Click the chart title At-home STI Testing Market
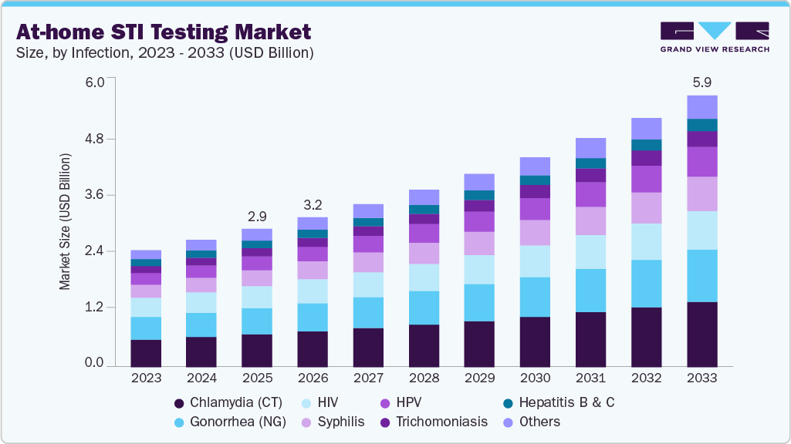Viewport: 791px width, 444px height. pyautogui.click(x=164, y=32)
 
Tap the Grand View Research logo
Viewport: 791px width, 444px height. pyautogui.click(x=714, y=36)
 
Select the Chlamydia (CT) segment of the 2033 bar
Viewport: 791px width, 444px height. pyautogui.click(x=701, y=334)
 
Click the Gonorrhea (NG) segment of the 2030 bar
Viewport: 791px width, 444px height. pyautogui.click(x=535, y=297)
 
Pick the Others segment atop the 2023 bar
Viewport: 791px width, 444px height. pyautogui.click(x=146, y=254)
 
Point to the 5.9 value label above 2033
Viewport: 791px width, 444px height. pyautogui.click(x=701, y=82)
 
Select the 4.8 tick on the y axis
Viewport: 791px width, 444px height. pyautogui.click(x=94, y=139)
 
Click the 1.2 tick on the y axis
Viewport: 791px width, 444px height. pyautogui.click(x=94, y=308)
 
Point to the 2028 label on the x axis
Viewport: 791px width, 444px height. pyautogui.click(x=424, y=378)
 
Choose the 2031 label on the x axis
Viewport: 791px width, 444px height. pyautogui.click(x=590, y=378)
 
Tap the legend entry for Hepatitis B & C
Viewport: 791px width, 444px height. pyautogui.click(x=566, y=402)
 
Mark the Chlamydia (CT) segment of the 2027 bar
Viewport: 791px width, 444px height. pyautogui.click(x=368, y=347)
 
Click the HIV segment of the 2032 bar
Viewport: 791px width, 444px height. pyautogui.click(x=646, y=241)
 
